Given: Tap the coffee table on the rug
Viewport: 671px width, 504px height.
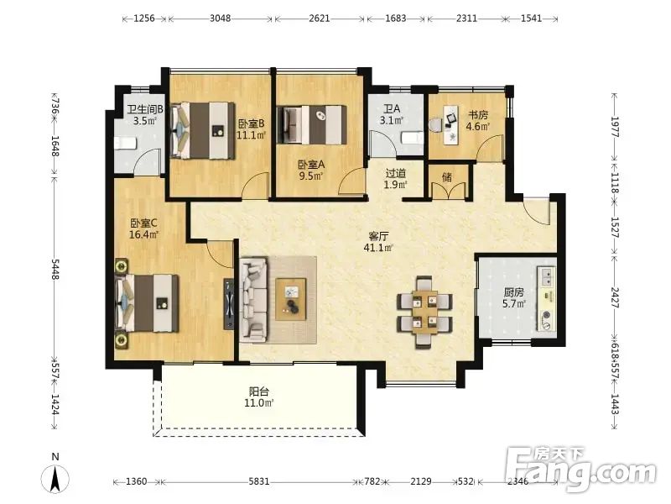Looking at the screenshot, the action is tap(291, 299).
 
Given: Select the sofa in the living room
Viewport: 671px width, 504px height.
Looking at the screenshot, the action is tap(253, 299).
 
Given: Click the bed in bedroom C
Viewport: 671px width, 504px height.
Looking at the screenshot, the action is tap(147, 303).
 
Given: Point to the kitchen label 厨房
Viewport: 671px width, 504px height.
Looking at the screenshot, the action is tap(513, 292).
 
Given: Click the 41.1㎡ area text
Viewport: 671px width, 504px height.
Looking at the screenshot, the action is tap(378, 248).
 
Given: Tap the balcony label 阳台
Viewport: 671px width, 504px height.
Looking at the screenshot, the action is tap(259, 391).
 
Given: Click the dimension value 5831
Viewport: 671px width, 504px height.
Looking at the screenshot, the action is tap(259, 481).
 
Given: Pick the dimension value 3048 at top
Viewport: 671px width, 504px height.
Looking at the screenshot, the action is tap(221, 18).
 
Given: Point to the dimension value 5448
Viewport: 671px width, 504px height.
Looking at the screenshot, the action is tap(55, 269).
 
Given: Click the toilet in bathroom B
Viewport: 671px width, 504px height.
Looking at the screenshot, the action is tap(125, 143).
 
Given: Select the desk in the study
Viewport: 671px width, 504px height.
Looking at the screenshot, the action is tap(451, 124).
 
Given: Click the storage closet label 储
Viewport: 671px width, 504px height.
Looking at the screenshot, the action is tap(447, 177).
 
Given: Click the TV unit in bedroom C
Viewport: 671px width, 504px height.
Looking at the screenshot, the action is tap(228, 304).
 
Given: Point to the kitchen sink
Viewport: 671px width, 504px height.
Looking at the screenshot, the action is tap(547, 276).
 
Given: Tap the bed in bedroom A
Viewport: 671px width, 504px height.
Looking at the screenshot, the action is tap(312, 124).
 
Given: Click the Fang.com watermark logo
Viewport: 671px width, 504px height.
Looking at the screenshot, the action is tap(580, 470).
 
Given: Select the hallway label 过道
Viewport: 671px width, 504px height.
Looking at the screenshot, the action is tap(396, 173).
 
